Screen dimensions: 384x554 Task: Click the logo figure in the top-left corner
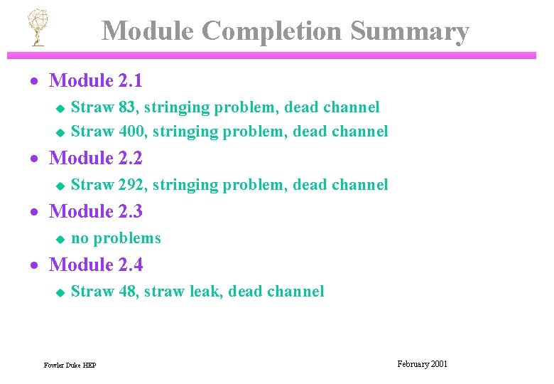37,28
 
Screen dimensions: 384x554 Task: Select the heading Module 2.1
95,81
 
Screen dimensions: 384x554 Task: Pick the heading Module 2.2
95,158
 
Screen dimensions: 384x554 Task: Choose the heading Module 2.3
95,211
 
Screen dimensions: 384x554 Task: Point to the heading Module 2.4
95,265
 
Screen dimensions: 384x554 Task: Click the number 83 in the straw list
128,107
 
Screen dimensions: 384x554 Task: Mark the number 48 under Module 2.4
129,292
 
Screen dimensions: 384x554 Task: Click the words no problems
116,238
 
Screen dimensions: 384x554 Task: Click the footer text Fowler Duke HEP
70,366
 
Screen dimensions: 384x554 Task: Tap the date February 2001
422,364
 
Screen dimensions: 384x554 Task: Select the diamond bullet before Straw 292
60,186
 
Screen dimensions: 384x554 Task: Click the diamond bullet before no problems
60,239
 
